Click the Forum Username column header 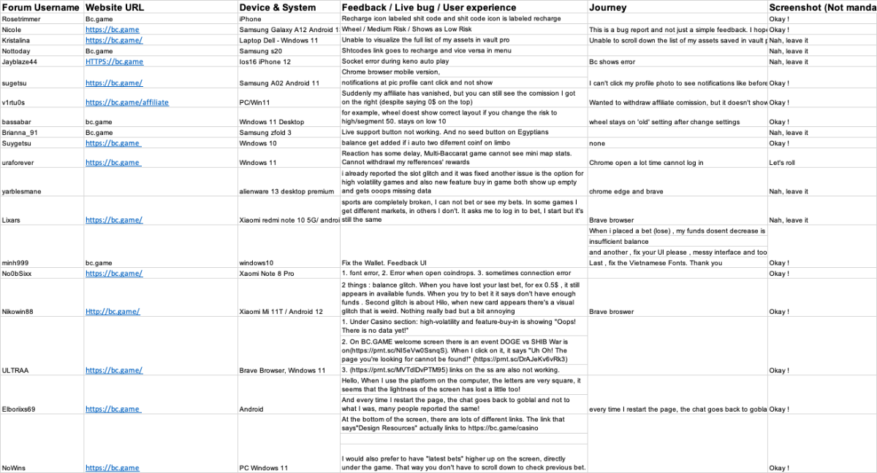point(41,7)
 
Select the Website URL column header point(115,7)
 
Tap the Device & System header point(278,7)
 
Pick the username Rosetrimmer point(23,18)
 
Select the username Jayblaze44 point(20,62)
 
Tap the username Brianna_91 point(20,133)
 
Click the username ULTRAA point(15,371)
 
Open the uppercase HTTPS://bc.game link point(114,62)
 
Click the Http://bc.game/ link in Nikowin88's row point(112,312)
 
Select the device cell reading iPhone point(251,18)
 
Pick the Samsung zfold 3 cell point(265,133)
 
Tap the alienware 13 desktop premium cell point(286,191)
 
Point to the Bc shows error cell point(612,62)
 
